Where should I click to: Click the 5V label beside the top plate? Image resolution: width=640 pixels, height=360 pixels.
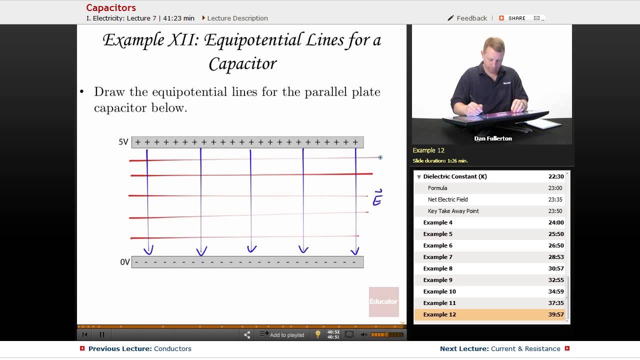click(x=123, y=142)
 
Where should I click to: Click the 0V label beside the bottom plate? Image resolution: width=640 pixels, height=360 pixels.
click(x=125, y=262)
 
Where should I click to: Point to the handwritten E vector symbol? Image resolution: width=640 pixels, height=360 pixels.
click(x=377, y=198)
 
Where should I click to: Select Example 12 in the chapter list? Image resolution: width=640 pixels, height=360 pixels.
click(x=439, y=314)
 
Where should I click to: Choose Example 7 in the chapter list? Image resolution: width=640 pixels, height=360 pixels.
click(x=437, y=257)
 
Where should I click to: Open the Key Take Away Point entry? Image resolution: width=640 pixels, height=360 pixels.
click(x=453, y=211)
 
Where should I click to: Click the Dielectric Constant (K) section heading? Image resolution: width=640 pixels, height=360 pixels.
click(x=454, y=176)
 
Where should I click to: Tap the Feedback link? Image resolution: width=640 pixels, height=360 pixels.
click(x=471, y=18)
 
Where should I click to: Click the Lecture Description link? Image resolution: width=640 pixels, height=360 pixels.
click(x=237, y=18)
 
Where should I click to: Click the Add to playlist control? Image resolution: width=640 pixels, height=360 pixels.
click(x=286, y=335)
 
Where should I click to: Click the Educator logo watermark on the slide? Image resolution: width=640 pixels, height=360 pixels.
click(x=383, y=301)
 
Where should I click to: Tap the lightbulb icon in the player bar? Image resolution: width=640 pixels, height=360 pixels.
click(x=317, y=334)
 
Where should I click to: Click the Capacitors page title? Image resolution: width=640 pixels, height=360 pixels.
click(x=111, y=7)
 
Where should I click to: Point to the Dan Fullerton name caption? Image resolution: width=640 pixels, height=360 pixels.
click(x=492, y=138)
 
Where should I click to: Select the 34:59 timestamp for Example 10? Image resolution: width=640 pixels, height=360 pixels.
click(x=555, y=291)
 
